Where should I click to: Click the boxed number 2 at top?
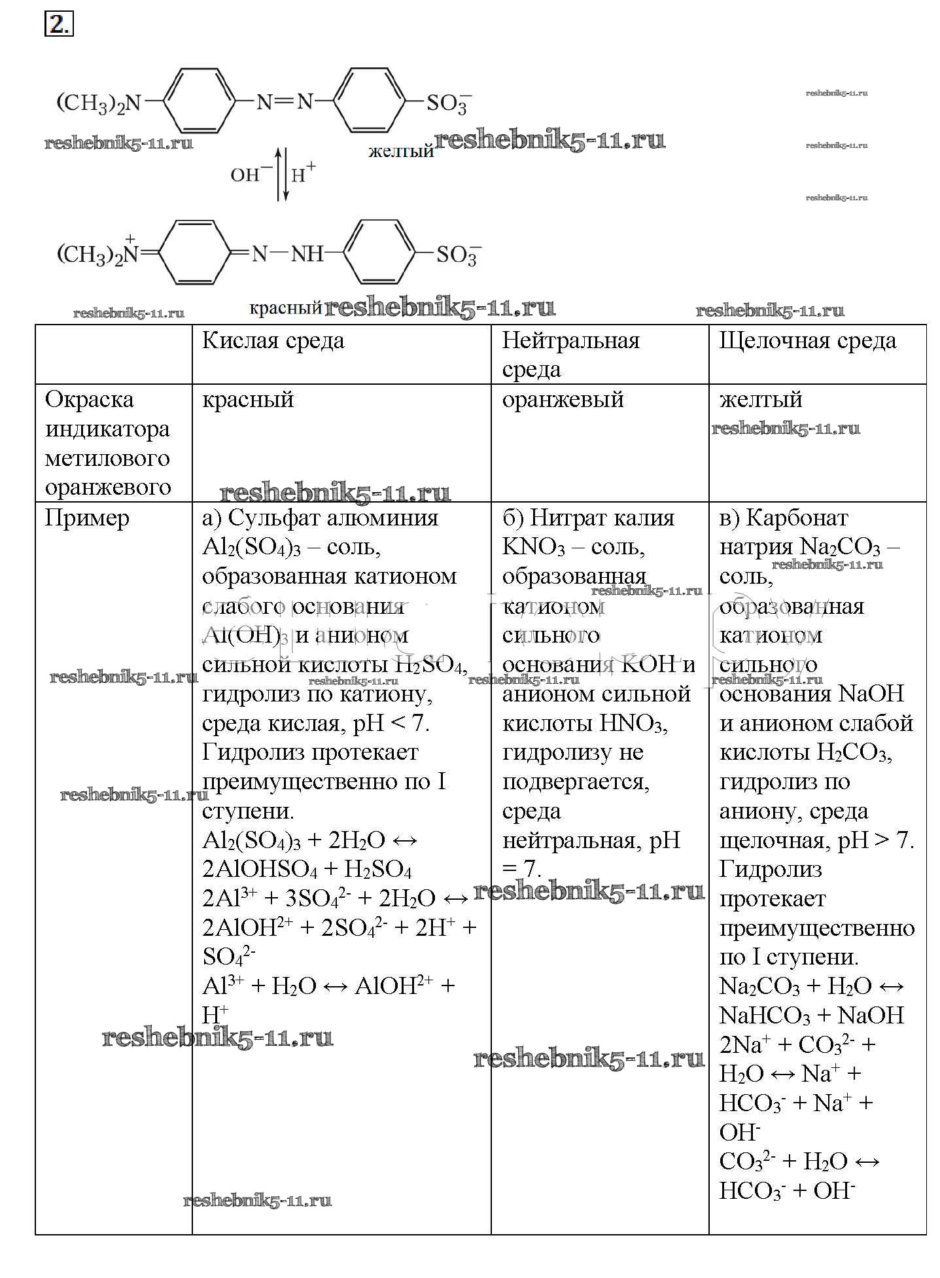click(x=59, y=25)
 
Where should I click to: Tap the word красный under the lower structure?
click(x=286, y=308)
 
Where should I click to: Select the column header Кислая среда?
click(x=273, y=341)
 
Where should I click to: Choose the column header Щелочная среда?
click(x=807, y=341)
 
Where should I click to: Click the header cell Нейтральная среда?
click(x=570, y=355)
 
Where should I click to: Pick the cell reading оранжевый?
click(x=563, y=400)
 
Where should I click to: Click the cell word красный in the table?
click(x=248, y=400)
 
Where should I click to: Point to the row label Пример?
click(x=87, y=518)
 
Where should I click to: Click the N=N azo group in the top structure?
click(x=285, y=102)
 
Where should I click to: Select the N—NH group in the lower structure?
click(x=288, y=254)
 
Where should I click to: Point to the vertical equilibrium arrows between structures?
click(x=281, y=174)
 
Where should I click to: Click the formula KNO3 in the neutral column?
click(x=533, y=547)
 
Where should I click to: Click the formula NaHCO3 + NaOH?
click(x=811, y=1016)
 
